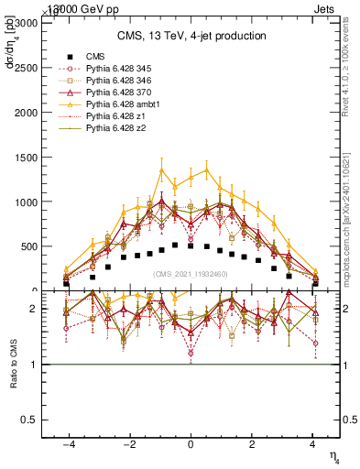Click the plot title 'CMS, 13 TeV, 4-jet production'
pos(191,36)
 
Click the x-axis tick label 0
pos(191,443)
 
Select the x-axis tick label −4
pos(67,443)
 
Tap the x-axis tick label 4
pos(314,443)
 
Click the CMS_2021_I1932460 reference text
pos(191,274)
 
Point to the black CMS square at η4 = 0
pos(191,246)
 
